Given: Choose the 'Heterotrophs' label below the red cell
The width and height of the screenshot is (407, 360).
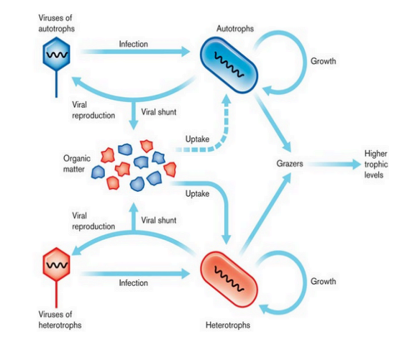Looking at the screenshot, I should click(227, 325).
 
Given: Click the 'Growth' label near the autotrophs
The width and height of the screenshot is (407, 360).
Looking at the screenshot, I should click(323, 62).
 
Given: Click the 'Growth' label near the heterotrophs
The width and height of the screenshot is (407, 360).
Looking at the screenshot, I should click(323, 281).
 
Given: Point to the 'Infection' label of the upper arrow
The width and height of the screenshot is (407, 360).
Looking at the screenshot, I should click(133, 44).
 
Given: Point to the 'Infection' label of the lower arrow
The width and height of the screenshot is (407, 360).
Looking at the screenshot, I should click(133, 282).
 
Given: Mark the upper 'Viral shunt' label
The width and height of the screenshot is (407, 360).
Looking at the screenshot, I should click(160, 112).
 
